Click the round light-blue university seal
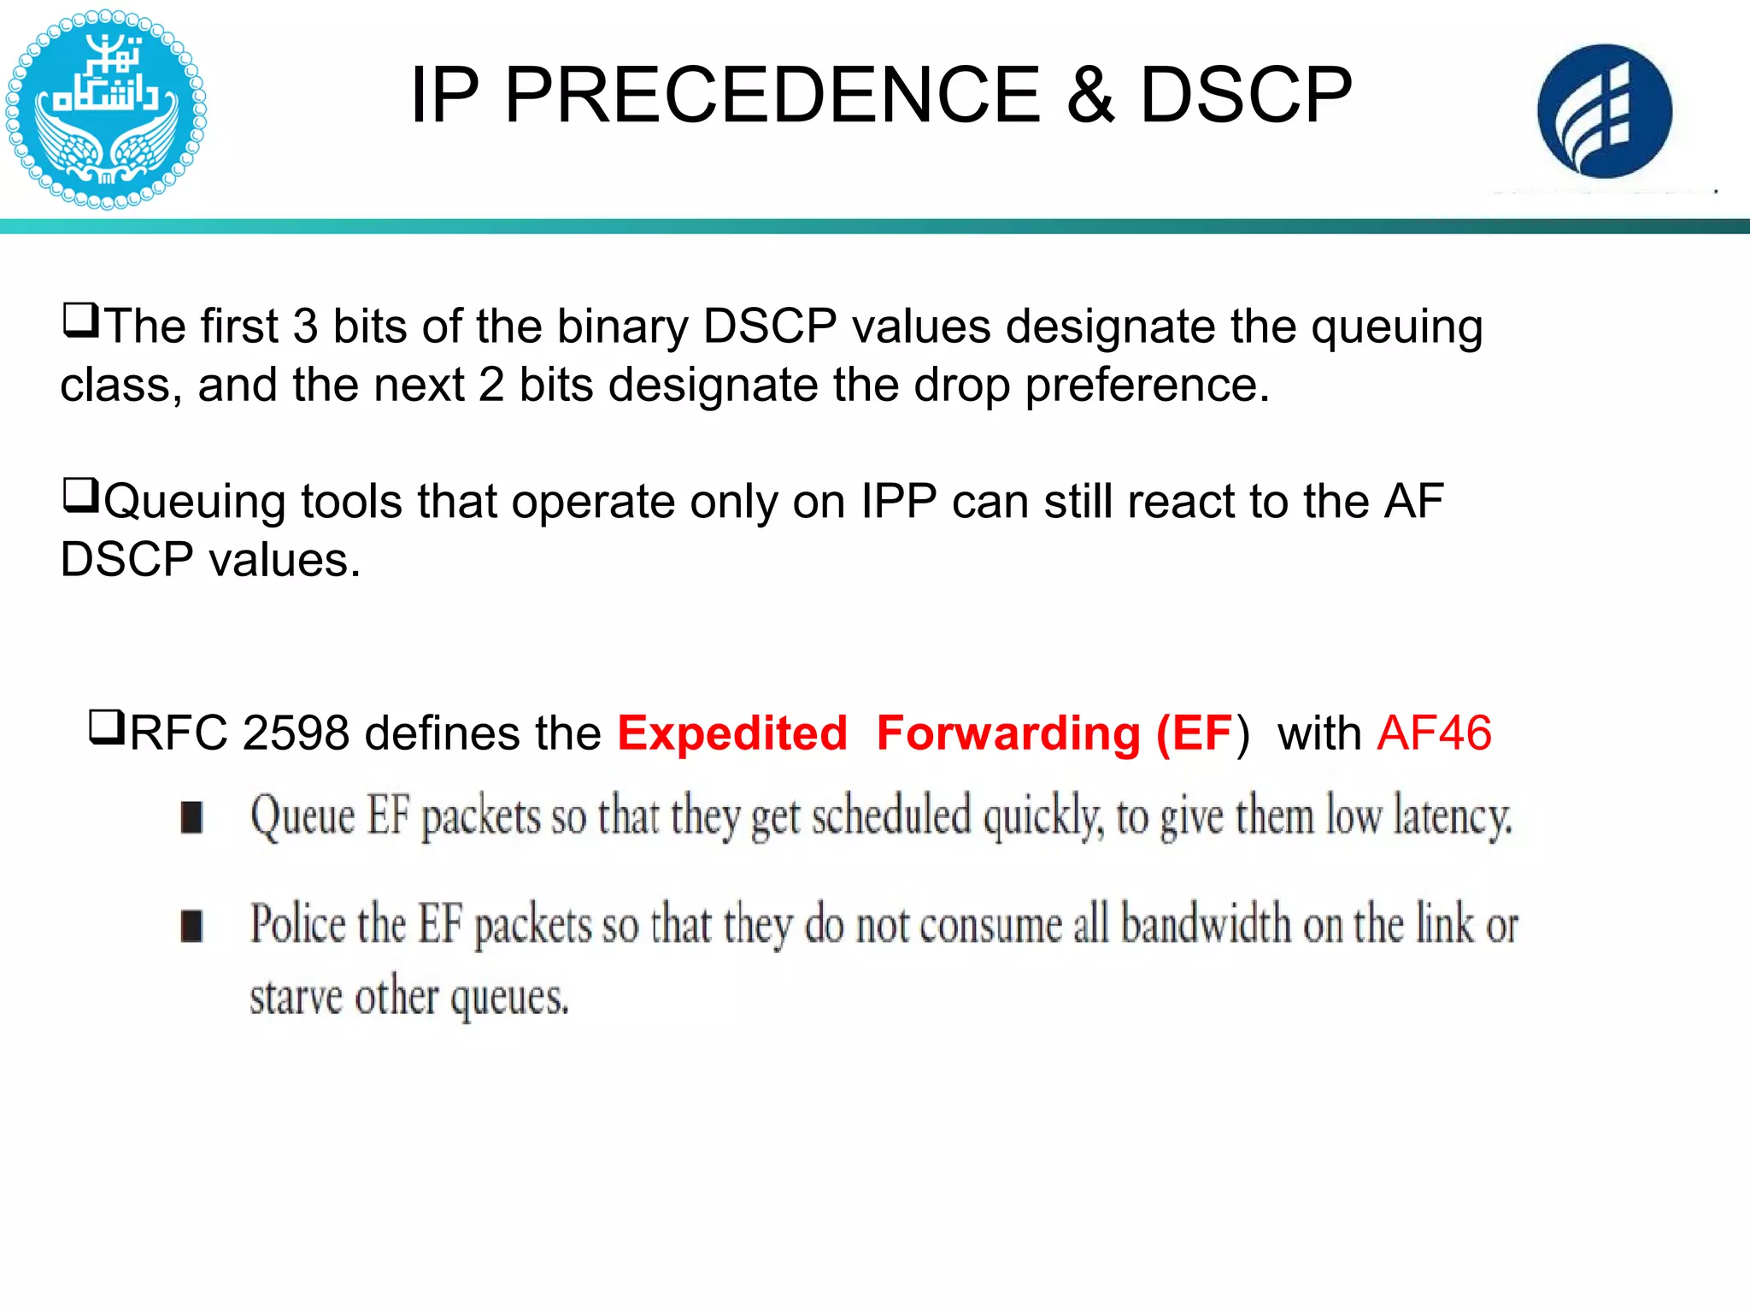(x=105, y=109)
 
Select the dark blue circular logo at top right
(x=1604, y=112)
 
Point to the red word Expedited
(x=732, y=733)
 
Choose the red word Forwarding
(x=1008, y=733)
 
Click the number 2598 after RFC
(x=296, y=733)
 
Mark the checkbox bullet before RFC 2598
(x=107, y=728)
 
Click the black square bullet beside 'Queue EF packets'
(x=192, y=817)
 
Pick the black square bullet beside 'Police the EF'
(x=192, y=926)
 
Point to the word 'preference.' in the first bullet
(x=1148, y=385)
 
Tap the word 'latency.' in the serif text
(x=1453, y=816)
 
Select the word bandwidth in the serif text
(x=1206, y=925)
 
